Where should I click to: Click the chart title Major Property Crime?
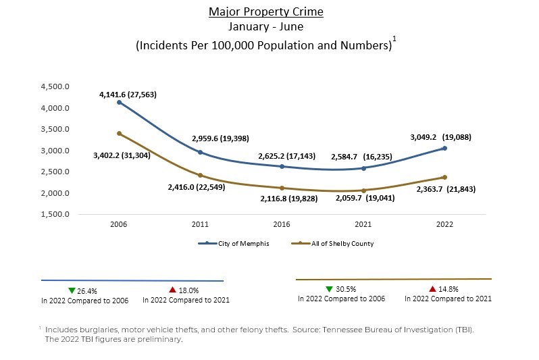tap(265, 11)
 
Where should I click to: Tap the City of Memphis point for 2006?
tap(119, 102)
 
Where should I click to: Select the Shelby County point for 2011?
tap(201, 175)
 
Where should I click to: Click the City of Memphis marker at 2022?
tap(444, 148)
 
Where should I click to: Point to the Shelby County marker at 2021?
tap(363, 190)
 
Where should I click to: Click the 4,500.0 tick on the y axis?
tap(56, 86)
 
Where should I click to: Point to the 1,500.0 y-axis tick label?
tap(56, 215)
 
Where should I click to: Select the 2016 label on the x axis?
tap(282, 224)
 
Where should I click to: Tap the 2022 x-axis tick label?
tap(444, 224)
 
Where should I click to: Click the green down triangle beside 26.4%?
tap(72, 290)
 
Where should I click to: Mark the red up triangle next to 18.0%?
tap(173, 290)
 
